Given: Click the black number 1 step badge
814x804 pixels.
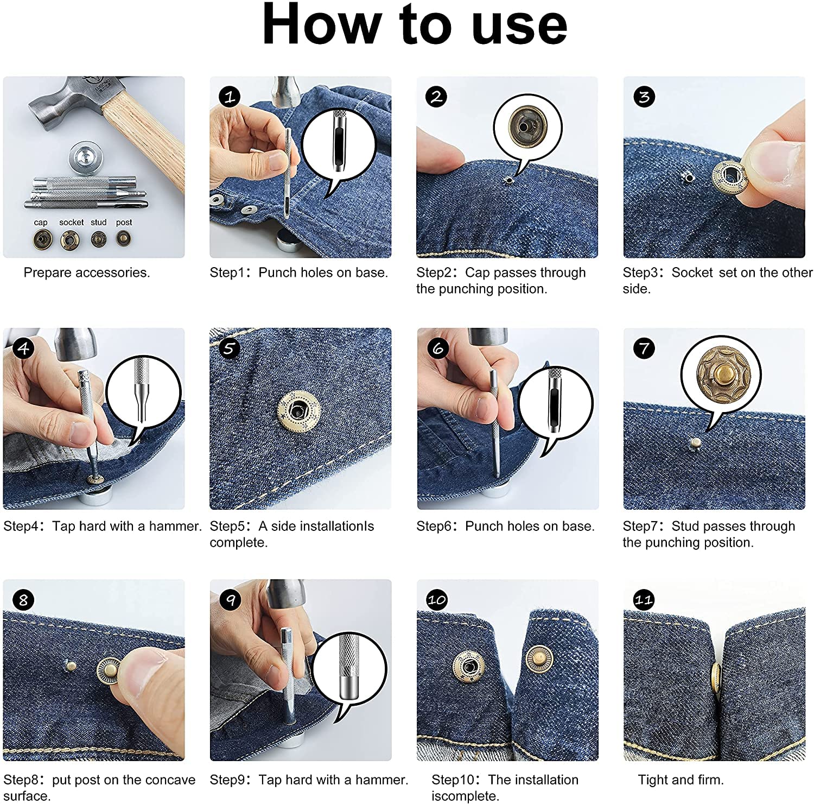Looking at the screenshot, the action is [x=230, y=97].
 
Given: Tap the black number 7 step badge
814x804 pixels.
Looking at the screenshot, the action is [x=644, y=348].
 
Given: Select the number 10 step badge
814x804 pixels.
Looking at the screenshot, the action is [x=437, y=600].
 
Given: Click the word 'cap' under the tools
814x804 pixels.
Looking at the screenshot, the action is [x=41, y=223].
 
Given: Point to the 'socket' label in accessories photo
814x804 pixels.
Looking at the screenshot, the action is [x=71, y=222].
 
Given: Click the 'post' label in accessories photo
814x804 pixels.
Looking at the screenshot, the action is [x=124, y=223].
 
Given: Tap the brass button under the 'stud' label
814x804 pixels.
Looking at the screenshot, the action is [x=98, y=238].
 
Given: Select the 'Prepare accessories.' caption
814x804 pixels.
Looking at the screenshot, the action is [x=87, y=273].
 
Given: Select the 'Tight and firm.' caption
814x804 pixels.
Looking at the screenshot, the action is [x=681, y=780].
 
